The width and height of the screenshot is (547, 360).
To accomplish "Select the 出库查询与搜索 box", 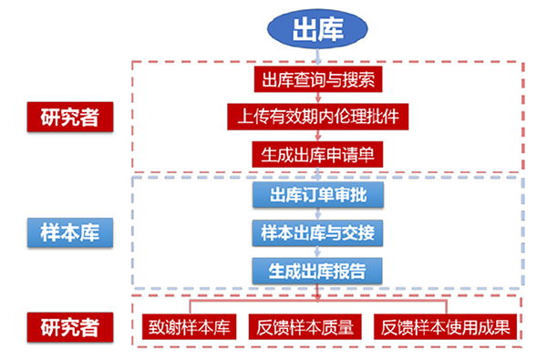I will point(316,79).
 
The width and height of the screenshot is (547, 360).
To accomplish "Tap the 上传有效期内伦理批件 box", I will point(316,117).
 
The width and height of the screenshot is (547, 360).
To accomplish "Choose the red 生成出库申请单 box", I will point(316,153).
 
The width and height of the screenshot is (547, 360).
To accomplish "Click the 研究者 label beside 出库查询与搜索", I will point(69,117).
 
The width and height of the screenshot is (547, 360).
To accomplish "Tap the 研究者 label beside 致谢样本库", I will point(69,325).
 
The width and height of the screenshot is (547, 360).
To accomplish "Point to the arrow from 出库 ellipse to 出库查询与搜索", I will point(316,58).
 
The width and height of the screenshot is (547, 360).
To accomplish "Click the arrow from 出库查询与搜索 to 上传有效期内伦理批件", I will point(316,98).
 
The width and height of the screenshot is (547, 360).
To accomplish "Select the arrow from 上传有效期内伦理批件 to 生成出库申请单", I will point(316,135).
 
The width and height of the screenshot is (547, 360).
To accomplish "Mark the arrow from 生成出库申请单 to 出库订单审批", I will point(316,174).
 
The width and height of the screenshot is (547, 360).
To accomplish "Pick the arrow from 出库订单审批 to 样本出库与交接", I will point(316,214).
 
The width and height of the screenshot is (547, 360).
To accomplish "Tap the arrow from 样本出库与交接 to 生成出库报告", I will point(316,252).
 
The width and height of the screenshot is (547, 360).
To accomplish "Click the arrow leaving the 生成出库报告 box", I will point(316,291).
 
